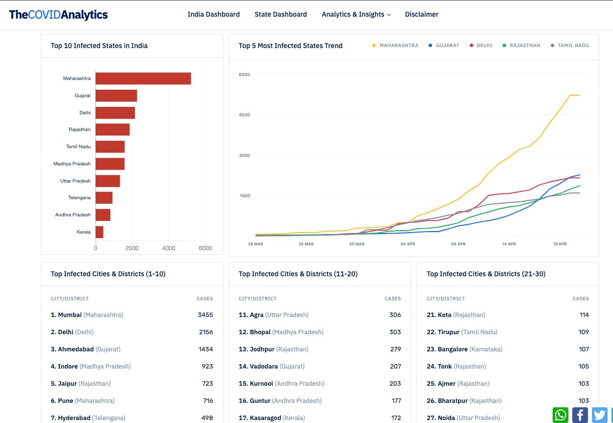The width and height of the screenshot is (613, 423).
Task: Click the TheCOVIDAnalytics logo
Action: tap(58, 15)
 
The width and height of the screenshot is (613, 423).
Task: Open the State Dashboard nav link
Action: tap(281, 14)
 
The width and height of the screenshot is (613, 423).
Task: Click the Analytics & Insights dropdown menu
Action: tap(356, 14)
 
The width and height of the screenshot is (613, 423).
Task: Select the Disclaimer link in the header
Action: tap(421, 14)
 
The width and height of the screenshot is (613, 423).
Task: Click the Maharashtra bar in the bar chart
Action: tap(143, 79)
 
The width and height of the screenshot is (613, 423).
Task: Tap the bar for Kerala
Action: tap(100, 232)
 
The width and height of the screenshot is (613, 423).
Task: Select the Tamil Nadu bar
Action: tap(110, 147)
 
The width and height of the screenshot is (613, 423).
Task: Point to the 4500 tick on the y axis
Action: tap(244, 115)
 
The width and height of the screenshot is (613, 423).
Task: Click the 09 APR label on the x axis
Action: tap(458, 244)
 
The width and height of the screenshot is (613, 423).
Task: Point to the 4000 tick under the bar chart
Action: tap(169, 248)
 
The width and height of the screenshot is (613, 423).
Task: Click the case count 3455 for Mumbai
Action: tap(205, 315)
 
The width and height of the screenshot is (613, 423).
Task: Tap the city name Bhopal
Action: tap(260, 332)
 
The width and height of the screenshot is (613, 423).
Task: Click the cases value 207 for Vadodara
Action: tap(395, 367)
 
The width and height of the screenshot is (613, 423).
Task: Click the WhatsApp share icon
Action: tap(561, 415)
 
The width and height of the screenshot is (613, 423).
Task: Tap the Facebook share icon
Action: tap(580, 415)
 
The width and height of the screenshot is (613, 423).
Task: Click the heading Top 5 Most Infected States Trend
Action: tap(290, 46)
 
